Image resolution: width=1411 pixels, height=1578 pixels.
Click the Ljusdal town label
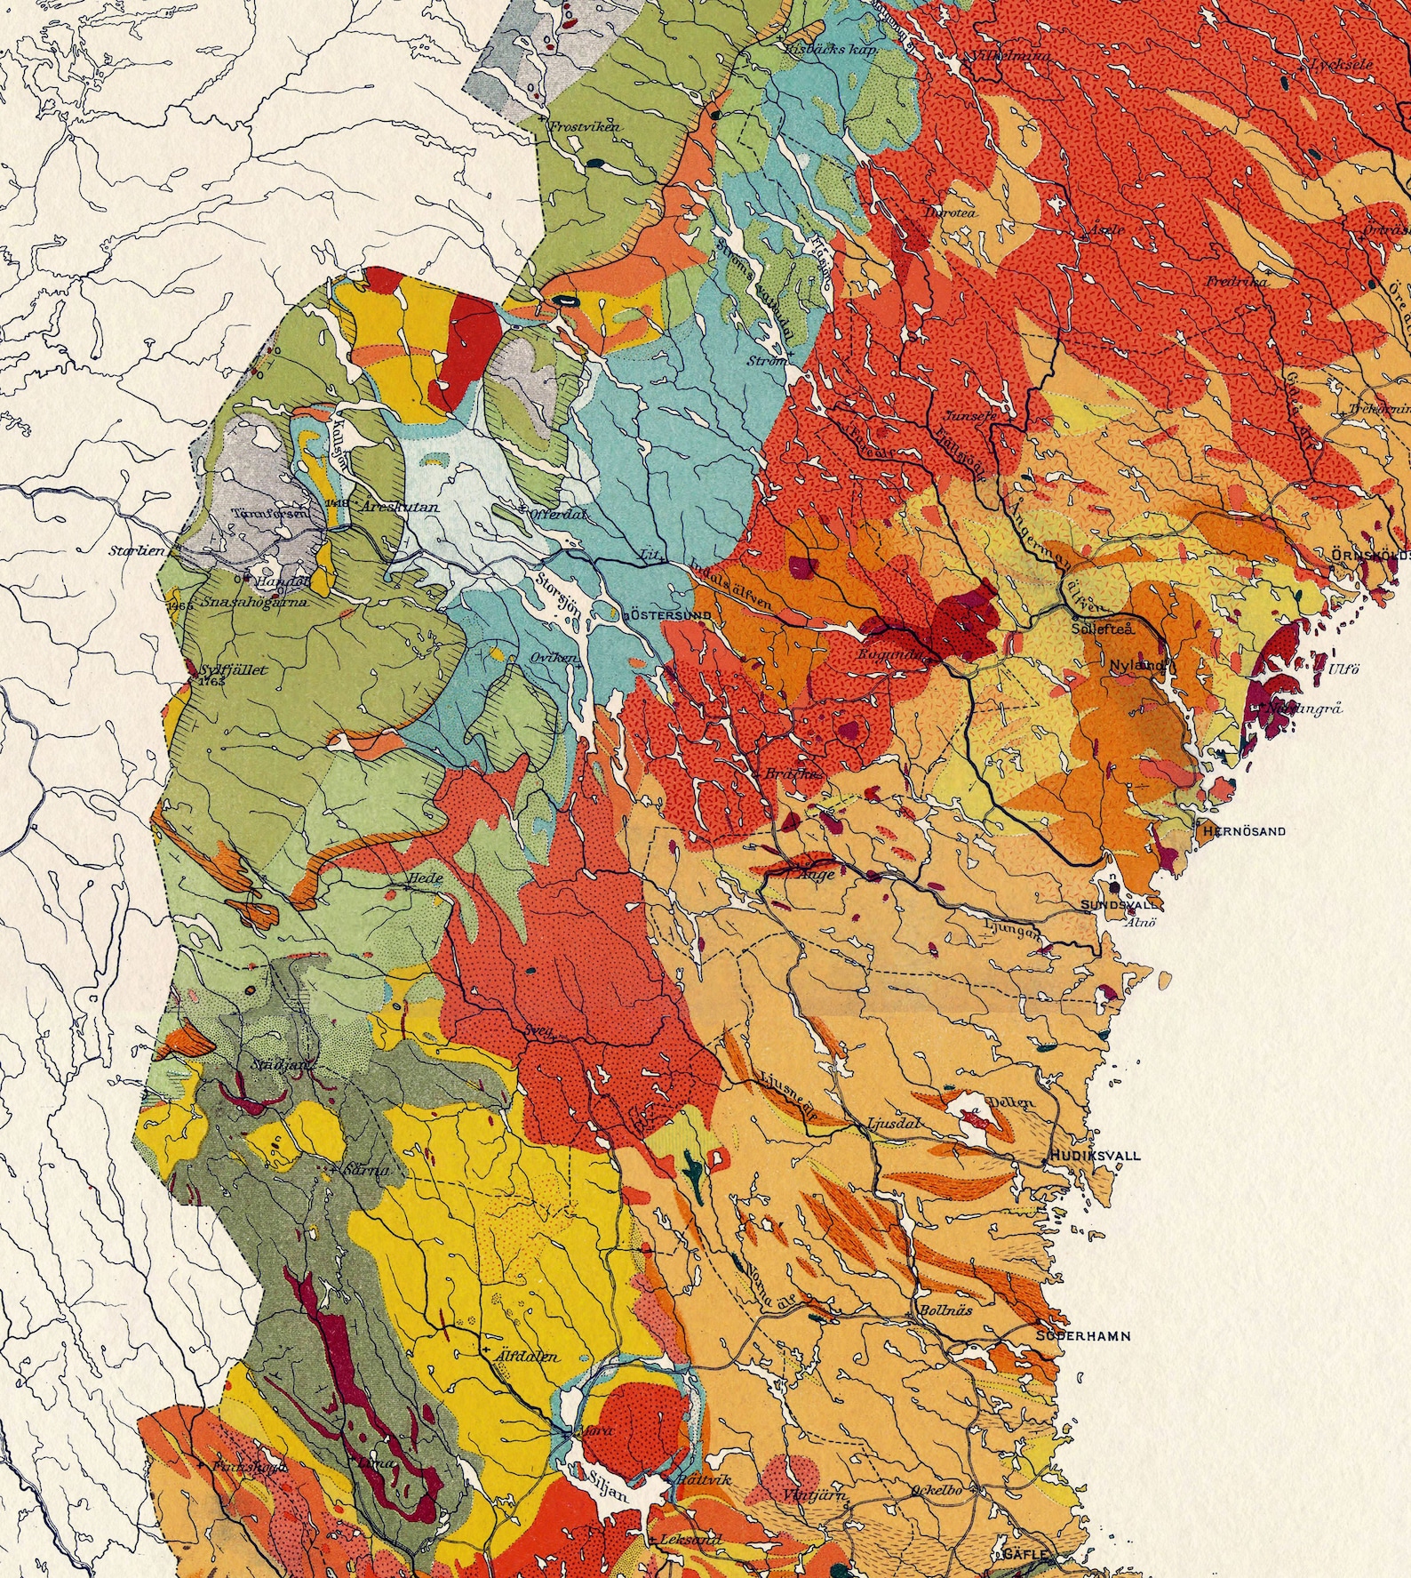tap(891, 1123)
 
